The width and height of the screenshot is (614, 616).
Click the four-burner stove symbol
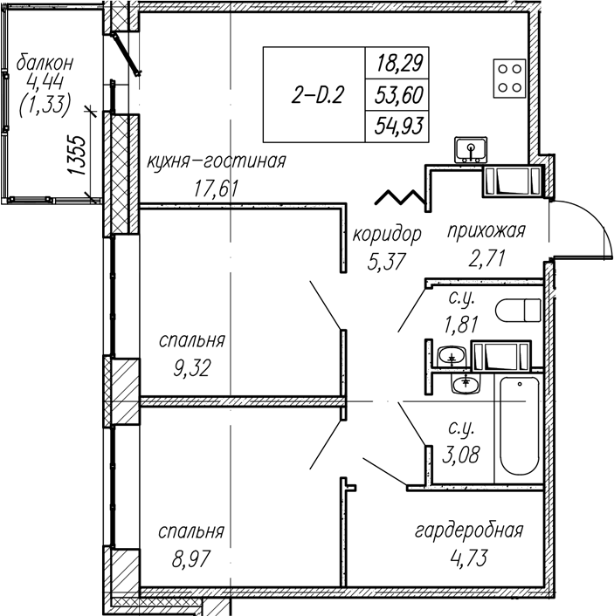click(x=510, y=79)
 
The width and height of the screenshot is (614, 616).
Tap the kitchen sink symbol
click(x=471, y=150)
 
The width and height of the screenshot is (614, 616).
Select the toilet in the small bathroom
click(x=519, y=310)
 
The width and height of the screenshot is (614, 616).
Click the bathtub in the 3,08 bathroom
click(x=519, y=426)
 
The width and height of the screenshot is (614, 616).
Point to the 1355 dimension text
click(x=76, y=155)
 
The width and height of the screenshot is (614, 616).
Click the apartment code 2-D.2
click(x=317, y=95)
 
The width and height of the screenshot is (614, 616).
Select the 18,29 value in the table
click(x=400, y=63)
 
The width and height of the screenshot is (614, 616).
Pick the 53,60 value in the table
click(x=399, y=95)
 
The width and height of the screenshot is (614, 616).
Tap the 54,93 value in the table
click(x=399, y=127)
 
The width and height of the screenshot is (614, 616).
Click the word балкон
click(x=45, y=63)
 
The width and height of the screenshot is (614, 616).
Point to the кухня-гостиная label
click(x=217, y=161)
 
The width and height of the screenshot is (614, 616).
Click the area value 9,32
click(x=191, y=369)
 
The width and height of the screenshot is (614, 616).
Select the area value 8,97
click(x=191, y=558)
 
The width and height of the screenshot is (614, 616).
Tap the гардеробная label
click(x=469, y=531)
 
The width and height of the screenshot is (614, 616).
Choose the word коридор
click(x=387, y=235)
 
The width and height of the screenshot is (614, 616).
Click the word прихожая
click(x=486, y=230)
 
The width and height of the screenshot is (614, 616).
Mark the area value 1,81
click(x=461, y=325)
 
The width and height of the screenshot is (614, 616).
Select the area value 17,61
click(x=216, y=189)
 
